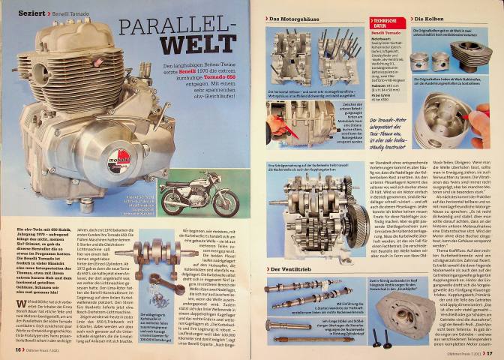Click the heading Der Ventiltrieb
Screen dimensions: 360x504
pyautogui.click(x=293, y=268)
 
